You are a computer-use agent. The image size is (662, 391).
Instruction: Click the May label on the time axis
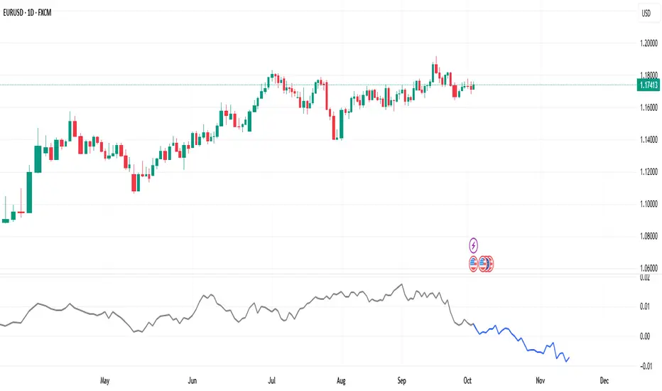pos(107,380)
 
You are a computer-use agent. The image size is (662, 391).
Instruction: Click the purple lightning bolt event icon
pos(474,246)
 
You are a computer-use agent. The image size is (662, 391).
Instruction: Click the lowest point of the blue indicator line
pos(566,362)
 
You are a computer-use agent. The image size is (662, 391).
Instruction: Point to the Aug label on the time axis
pos(342,380)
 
